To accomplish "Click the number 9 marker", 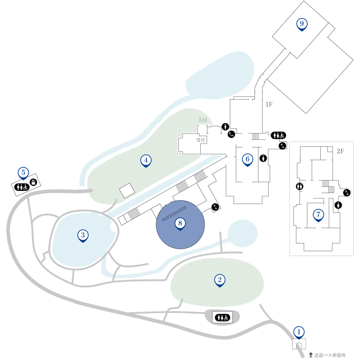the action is point(301,25).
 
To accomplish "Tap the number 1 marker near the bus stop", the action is point(299,333).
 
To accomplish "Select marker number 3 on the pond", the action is point(83,236).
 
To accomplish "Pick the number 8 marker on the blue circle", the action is point(180,224).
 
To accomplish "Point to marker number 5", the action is point(23,173).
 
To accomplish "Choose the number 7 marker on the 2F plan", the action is point(318,215).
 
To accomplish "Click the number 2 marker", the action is point(220,280).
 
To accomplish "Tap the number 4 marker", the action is point(146,161).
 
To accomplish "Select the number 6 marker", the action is point(247,160).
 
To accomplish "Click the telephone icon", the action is point(231,134).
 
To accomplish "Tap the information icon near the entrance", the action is point(225,126).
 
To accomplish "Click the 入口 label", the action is point(202,120).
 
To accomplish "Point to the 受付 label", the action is point(200,140).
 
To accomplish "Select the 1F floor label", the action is point(269,105).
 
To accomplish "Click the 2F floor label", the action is point(340,151).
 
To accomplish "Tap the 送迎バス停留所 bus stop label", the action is point(330,355).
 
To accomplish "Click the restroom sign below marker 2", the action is point(222,318).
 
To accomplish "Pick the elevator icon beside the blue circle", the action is point(215,207).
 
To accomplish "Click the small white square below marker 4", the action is point(127,190).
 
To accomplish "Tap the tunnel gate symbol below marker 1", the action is point(299,344).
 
